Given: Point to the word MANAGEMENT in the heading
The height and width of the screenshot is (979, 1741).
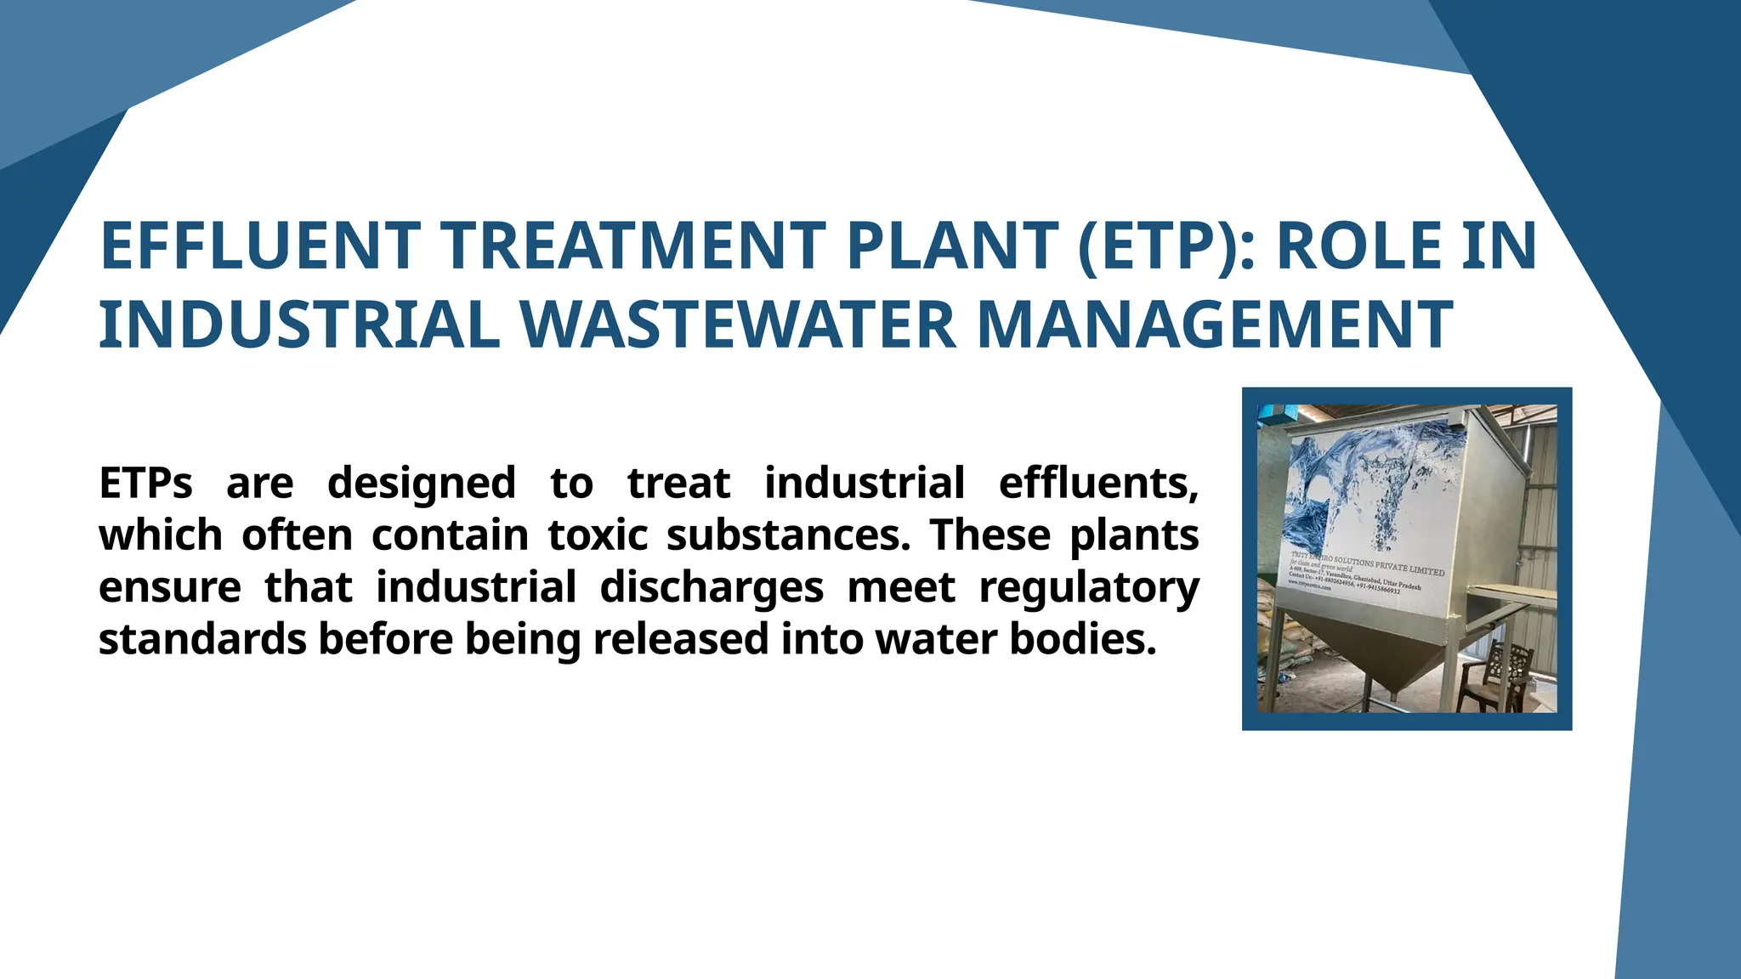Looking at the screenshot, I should (x=1215, y=325).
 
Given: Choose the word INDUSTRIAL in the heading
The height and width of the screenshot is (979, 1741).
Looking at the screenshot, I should (x=299, y=325).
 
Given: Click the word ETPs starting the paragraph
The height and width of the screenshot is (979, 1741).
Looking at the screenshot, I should (x=145, y=484).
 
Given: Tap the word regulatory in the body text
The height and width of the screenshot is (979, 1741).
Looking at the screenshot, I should (x=1089, y=588).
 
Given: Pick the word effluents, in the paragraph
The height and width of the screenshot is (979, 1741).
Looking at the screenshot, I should (x=1098, y=484).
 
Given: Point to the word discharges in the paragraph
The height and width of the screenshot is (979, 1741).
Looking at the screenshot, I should (x=712, y=588).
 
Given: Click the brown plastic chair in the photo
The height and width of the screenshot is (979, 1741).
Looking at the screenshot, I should (x=1498, y=676).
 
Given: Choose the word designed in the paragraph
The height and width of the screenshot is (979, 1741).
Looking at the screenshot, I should (x=421, y=484).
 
